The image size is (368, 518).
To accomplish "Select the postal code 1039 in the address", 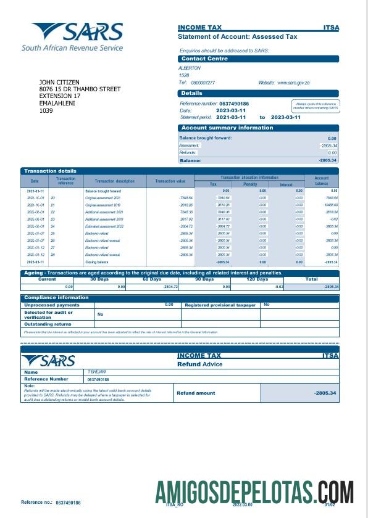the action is click(x=46, y=111).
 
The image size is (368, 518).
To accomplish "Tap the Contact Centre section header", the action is click(x=204, y=59).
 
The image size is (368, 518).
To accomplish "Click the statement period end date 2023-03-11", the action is click(x=285, y=117).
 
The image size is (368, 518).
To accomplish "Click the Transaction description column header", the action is click(x=114, y=181).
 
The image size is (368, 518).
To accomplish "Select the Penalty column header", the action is click(x=249, y=184).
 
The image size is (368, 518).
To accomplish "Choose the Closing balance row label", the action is click(x=96, y=262).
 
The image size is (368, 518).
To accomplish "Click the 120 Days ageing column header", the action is click(x=258, y=279).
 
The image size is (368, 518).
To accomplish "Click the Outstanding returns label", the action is click(x=47, y=324).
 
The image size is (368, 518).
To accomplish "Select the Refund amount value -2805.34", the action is click(x=325, y=393).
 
